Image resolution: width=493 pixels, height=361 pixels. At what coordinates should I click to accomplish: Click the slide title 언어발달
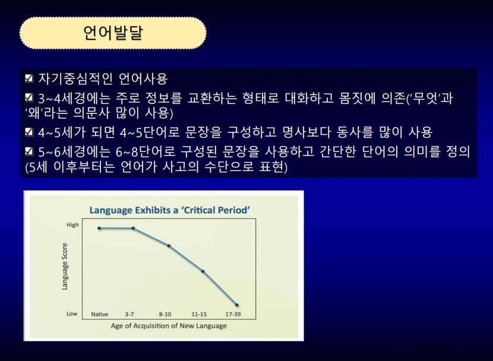pyautogui.click(x=113, y=33)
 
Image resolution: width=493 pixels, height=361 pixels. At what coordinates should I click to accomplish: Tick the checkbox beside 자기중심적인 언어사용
pyautogui.click(x=29, y=78)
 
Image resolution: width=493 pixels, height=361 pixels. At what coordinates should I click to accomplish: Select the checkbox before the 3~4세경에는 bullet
pyautogui.click(x=29, y=98)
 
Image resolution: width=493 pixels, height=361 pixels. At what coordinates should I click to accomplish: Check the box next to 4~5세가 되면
pyautogui.click(x=29, y=131)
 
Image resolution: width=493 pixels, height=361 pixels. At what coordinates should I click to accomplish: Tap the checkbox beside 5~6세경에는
pyautogui.click(x=29, y=151)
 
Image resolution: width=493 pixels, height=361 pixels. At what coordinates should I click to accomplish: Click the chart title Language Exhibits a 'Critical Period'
pyautogui.click(x=170, y=210)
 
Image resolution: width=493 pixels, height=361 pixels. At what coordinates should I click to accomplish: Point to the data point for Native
pyautogui.click(x=99, y=229)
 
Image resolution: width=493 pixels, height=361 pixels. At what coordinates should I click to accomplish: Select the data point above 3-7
pyautogui.click(x=133, y=229)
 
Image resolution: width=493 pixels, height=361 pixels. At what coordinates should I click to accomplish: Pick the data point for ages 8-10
pyautogui.click(x=169, y=246)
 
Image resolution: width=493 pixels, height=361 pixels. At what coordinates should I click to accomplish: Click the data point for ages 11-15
pyautogui.click(x=203, y=271)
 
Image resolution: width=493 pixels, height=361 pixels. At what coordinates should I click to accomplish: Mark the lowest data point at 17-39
pyautogui.click(x=237, y=305)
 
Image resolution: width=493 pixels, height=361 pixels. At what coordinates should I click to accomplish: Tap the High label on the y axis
pyautogui.click(x=72, y=225)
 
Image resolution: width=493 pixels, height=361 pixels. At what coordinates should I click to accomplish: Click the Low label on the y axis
pyautogui.click(x=72, y=313)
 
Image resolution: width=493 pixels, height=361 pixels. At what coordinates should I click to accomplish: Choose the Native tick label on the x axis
pyautogui.click(x=100, y=314)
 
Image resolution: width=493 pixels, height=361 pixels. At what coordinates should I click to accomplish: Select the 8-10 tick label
pyautogui.click(x=165, y=314)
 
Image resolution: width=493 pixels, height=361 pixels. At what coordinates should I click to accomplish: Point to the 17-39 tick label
pyautogui.click(x=233, y=314)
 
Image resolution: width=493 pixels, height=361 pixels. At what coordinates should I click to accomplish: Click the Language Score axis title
pyautogui.click(x=65, y=267)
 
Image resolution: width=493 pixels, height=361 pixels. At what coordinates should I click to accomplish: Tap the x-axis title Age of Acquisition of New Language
pyautogui.click(x=169, y=326)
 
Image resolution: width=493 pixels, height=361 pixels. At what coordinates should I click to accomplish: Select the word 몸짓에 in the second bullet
pyautogui.click(x=358, y=99)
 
